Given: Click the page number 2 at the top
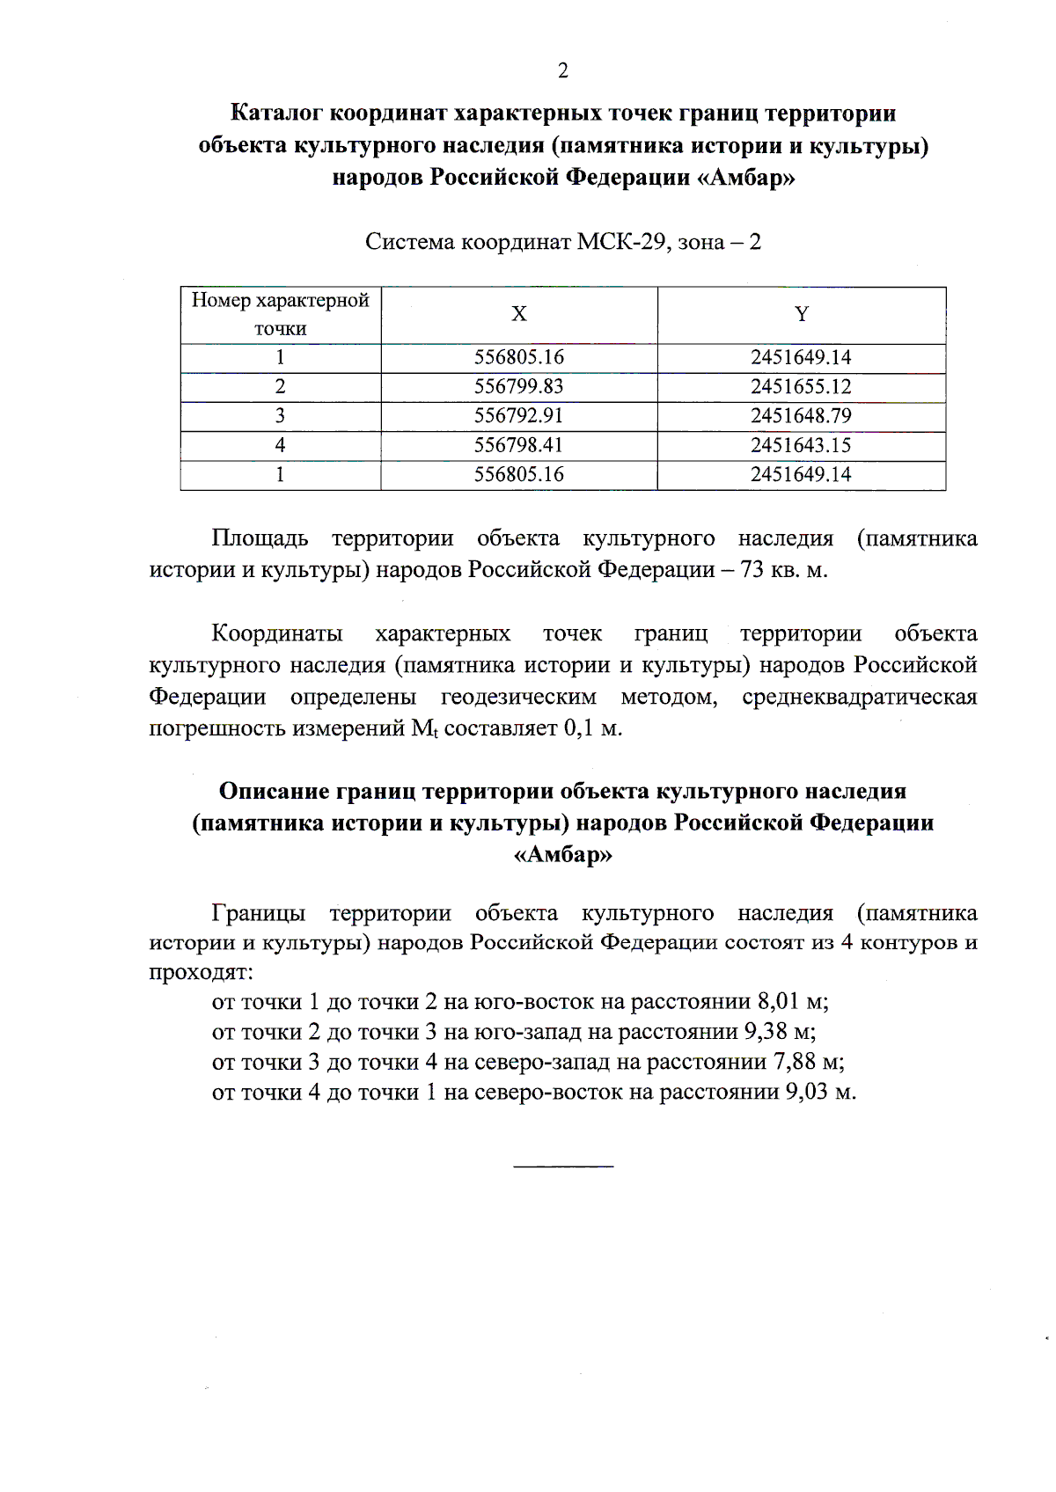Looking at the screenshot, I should pos(563,71).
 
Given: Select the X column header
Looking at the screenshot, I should pos(519,314).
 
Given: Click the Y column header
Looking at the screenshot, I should pos(801,314).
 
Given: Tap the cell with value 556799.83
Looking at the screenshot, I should pos(518,386).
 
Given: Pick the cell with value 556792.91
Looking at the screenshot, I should pos(518,415).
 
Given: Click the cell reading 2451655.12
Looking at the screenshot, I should pos(801,386).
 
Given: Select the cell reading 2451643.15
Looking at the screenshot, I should pos(801,445).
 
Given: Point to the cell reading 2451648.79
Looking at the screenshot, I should pos(801,415).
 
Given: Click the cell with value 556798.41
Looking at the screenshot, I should pos(518,445).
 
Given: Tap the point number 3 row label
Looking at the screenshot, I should pos(280,415).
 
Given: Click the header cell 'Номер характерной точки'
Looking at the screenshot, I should pos(280,314).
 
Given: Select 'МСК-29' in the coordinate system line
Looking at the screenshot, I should pos(621,242).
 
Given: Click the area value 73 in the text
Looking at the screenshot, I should pos(752,570).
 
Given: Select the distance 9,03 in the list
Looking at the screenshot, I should pos(806,1093).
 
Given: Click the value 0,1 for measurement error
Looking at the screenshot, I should pos(578,728).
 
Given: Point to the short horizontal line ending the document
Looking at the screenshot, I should pos(563,1167).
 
